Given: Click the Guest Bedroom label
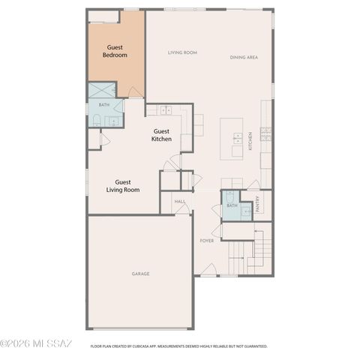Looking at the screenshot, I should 115,51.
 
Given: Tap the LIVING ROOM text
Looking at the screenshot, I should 182,52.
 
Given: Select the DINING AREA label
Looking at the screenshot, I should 244,58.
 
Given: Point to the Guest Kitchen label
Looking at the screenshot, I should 162,135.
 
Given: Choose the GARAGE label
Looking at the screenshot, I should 140,274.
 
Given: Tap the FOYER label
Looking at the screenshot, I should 207,241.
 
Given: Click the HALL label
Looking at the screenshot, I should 180,202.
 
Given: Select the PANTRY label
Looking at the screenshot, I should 258,205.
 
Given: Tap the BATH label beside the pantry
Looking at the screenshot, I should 232,205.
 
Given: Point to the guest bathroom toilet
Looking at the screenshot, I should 97,120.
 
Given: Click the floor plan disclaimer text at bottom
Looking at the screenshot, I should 178,346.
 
